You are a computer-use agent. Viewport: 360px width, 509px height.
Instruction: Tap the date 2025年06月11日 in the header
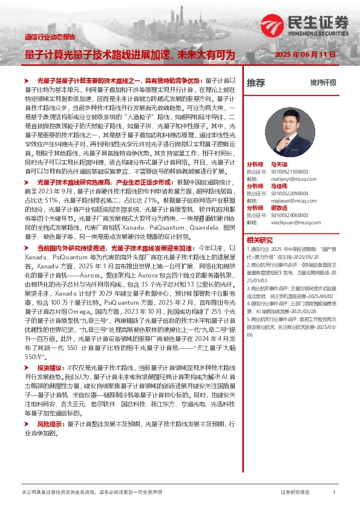click(309, 54)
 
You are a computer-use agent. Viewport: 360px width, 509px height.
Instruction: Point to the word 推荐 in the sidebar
click(256, 83)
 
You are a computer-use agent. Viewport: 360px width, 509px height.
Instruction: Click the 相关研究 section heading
click(259, 240)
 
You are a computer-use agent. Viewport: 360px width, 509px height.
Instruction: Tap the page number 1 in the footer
click(334, 493)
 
